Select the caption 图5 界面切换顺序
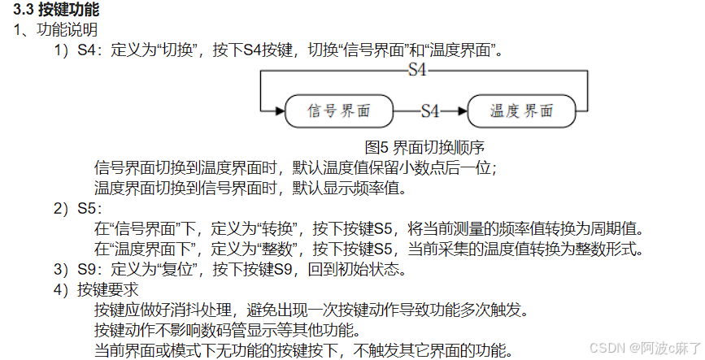click(425, 148)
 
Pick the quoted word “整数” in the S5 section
click(279, 247)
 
